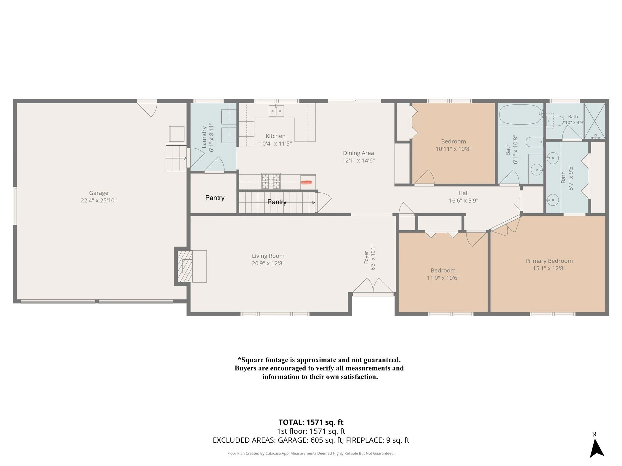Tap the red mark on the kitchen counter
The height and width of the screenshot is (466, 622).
point(307,182)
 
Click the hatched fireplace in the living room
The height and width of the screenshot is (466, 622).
point(185,266)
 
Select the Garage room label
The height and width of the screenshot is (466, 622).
point(99,193)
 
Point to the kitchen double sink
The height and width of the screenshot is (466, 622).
point(276,111)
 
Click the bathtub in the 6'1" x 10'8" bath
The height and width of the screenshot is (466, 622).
point(521,115)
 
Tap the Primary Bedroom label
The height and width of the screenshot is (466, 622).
point(549,261)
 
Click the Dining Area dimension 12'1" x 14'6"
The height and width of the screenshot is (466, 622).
point(358,160)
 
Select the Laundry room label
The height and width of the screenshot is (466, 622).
point(204,137)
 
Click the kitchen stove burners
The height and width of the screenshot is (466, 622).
point(271,181)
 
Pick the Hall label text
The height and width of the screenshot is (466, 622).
point(464,193)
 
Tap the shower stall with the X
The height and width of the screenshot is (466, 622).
point(595,121)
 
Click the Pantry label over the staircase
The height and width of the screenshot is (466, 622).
point(277,202)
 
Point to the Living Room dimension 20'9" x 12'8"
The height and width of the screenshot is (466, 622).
point(268,263)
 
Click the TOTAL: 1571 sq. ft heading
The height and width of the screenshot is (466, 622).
point(311,422)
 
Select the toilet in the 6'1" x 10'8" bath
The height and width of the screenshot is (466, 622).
point(535,142)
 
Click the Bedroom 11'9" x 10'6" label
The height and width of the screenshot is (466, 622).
point(443,274)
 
